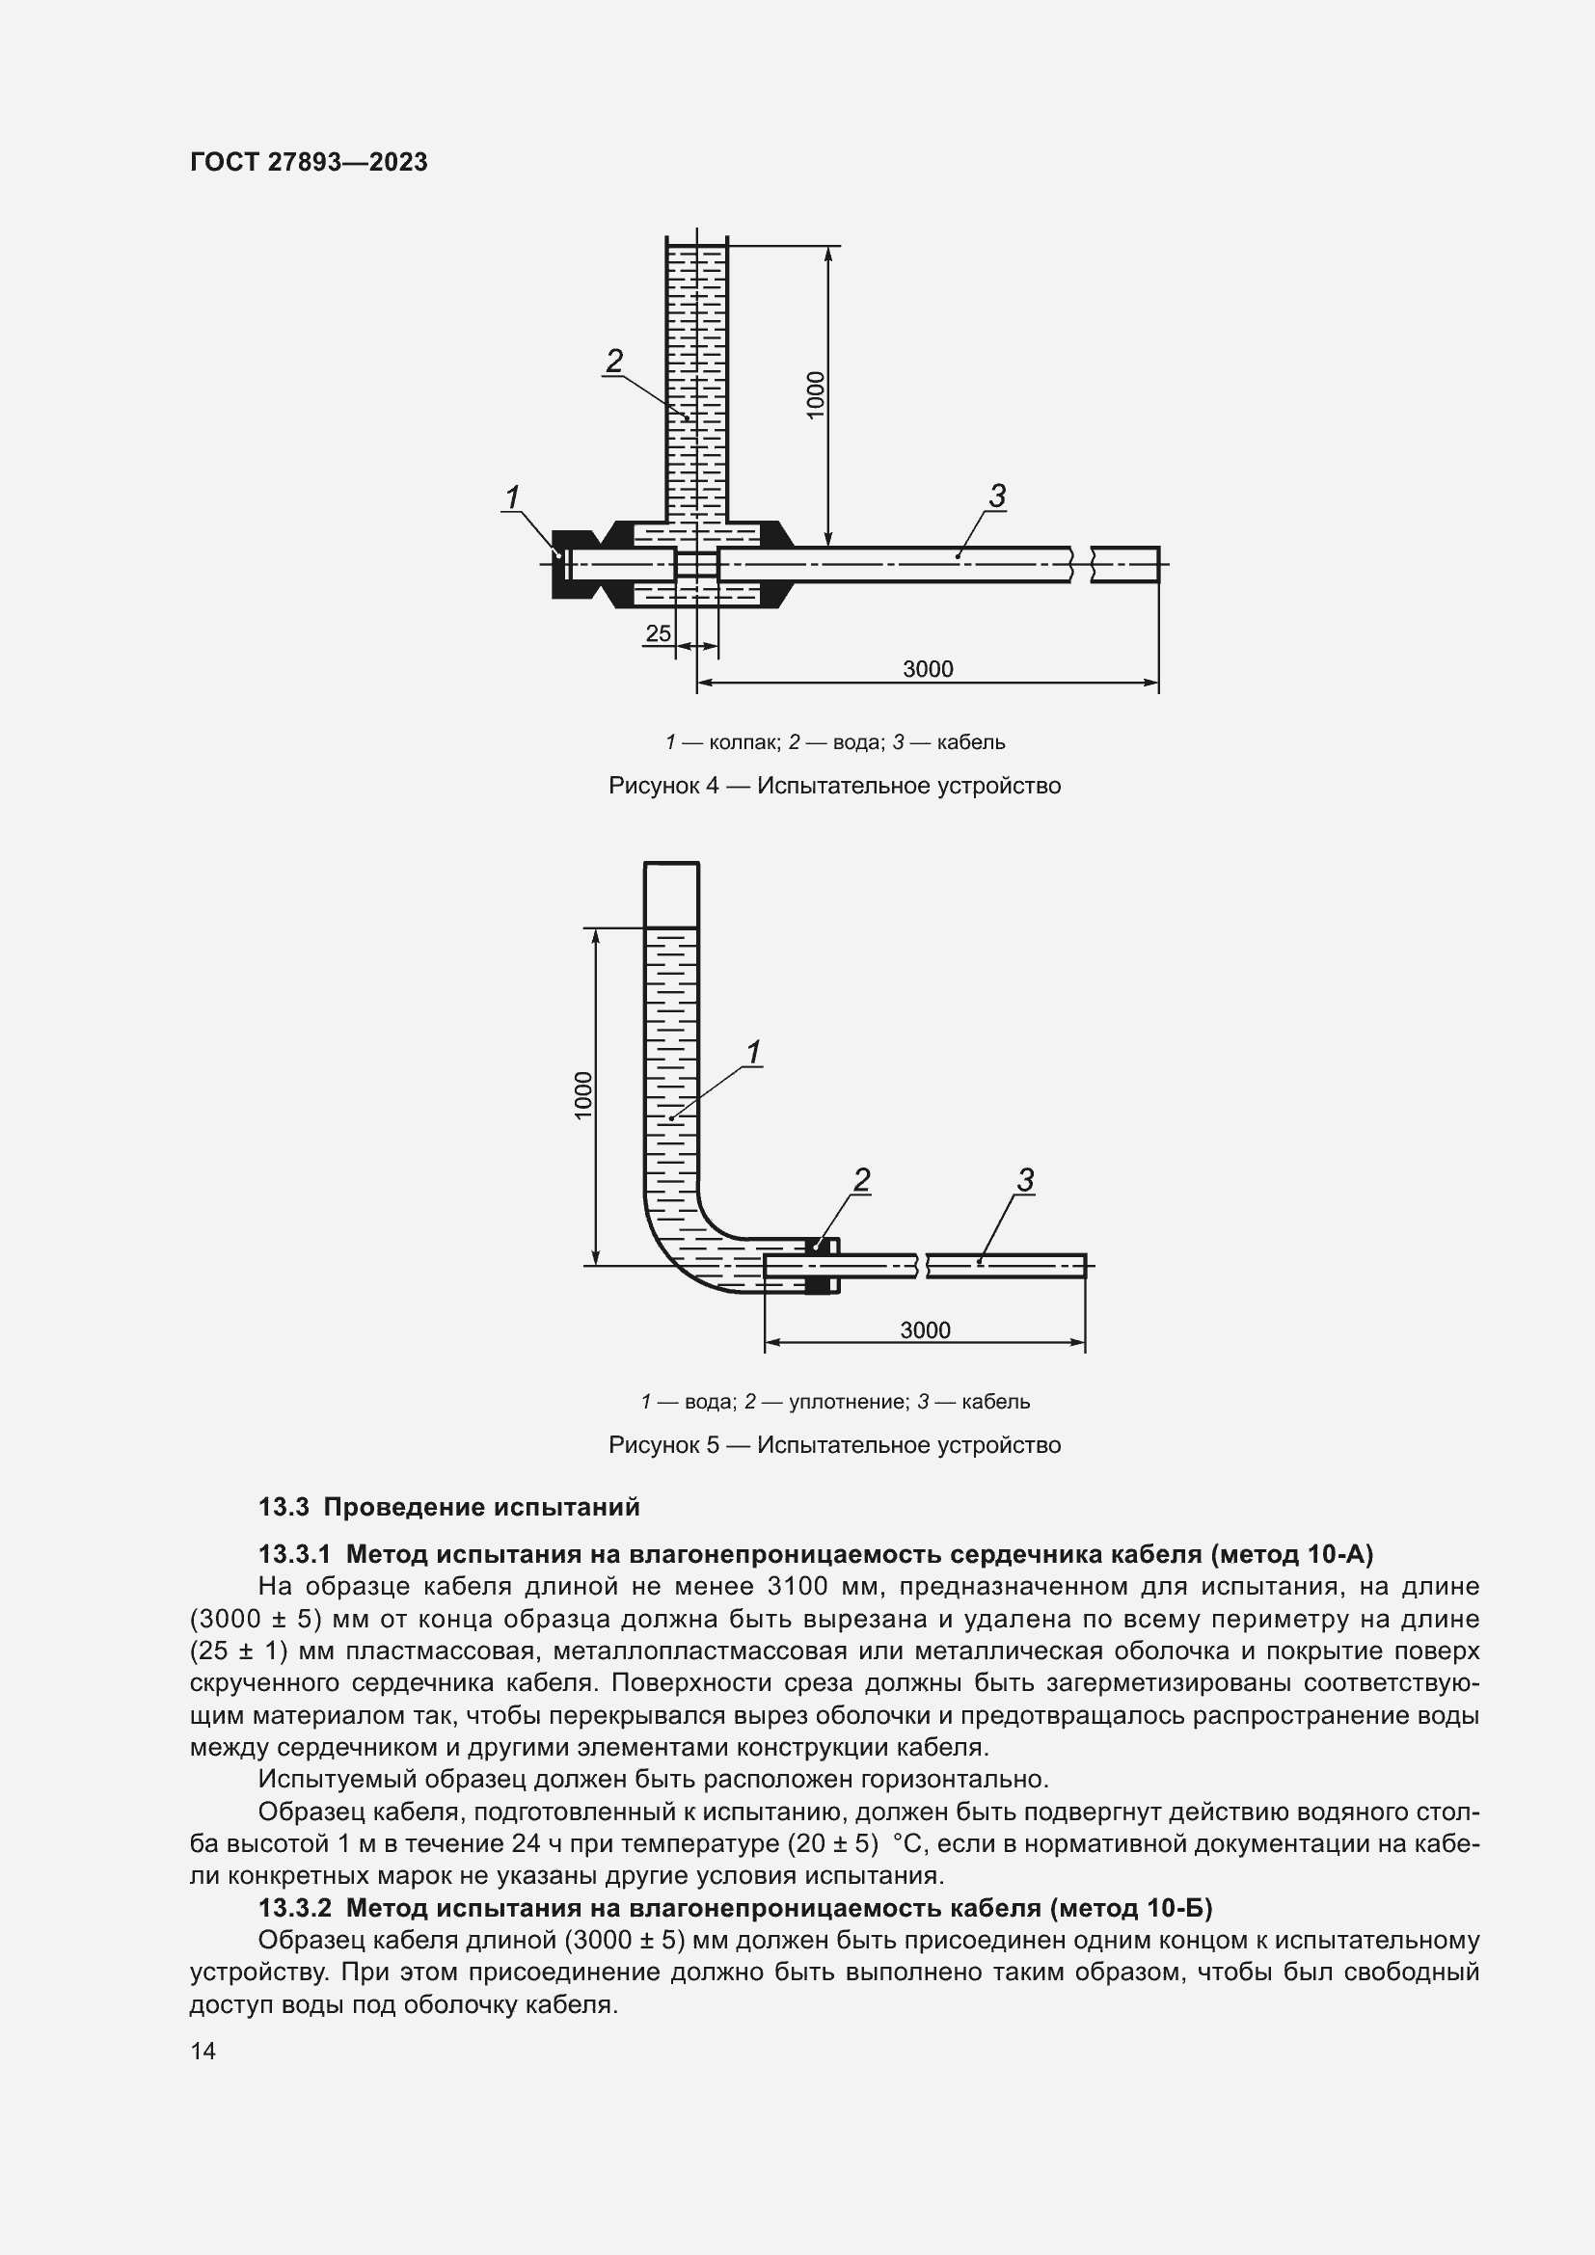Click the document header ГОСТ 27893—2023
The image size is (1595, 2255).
[309, 162]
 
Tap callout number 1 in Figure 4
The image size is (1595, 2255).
[512, 497]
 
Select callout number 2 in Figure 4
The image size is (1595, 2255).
[615, 362]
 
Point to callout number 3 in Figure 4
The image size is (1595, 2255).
[997, 496]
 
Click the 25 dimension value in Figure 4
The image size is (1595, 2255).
[658, 633]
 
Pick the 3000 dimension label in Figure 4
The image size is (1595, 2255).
[927, 669]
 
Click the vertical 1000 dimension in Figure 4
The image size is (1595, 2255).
[816, 395]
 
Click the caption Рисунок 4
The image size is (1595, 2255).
[834, 786]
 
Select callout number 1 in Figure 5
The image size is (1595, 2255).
[753, 1054]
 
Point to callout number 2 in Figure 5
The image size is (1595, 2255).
[861, 1179]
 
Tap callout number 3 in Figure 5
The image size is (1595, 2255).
[1025, 1179]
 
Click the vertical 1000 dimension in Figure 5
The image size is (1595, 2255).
[583, 1095]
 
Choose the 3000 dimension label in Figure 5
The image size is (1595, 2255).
[925, 1329]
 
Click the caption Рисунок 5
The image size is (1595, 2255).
[834, 1445]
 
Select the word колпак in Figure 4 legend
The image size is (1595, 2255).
[743, 742]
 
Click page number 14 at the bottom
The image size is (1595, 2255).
[203, 2051]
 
